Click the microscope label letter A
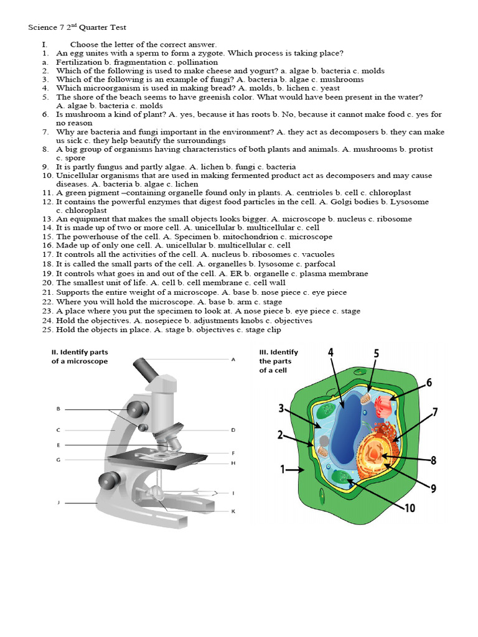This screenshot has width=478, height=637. click(233, 360)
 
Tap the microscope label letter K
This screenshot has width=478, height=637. click(233, 511)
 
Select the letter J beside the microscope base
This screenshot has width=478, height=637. click(58, 502)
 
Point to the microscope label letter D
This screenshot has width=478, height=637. click(233, 430)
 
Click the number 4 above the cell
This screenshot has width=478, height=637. click(331, 353)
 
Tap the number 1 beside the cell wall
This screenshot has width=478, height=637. click(283, 470)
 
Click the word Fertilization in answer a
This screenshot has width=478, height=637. click(79, 62)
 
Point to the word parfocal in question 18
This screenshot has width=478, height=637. click(318, 264)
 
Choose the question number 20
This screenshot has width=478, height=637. click(47, 282)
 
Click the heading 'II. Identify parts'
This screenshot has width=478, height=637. click(79, 352)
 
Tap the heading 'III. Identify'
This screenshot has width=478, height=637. click(278, 352)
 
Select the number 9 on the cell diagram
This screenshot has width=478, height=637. click(433, 488)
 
